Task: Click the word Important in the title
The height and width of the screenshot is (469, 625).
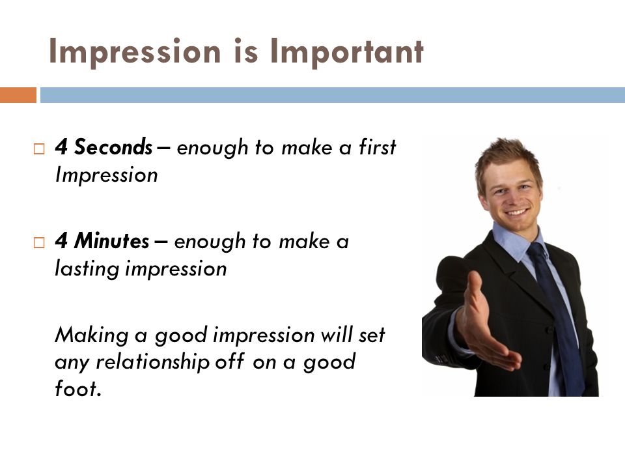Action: tap(347, 51)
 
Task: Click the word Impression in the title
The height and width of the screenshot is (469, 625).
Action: tap(135, 51)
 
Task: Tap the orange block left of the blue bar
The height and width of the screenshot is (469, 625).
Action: tap(18, 95)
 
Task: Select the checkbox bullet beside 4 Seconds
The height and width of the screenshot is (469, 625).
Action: tap(39, 149)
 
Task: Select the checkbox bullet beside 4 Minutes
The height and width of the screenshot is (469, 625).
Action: tap(39, 242)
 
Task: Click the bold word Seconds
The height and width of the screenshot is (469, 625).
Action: tap(113, 147)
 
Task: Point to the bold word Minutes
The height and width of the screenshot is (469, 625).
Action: tap(111, 240)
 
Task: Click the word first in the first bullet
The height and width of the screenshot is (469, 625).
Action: tap(377, 147)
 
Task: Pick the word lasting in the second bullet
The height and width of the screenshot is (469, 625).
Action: tap(87, 268)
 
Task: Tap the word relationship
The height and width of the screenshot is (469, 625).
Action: tap(152, 362)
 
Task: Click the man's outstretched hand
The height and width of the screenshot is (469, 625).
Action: tap(486, 323)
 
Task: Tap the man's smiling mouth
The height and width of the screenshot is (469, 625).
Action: tap(516, 211)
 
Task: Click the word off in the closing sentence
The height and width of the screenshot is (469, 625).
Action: tap(230, 362)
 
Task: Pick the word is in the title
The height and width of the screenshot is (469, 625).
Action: tap(245, 51)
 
